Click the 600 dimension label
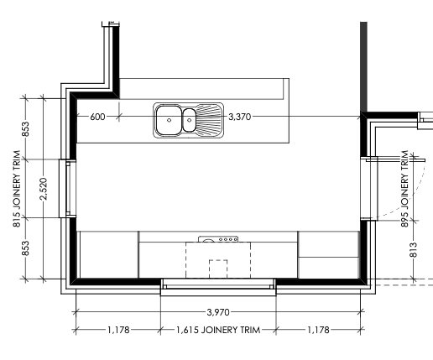pyautogui.click(x=97, y=117)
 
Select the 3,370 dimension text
pyautogui.click(x=240, y=117)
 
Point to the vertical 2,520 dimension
pyautogui.click(x=44, y=189)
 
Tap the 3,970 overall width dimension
pyautogui.click(x=218, y=312)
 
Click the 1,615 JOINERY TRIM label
pyautogui.click(x=218, y=330)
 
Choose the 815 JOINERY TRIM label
pyautogui.click(x=17, y=189)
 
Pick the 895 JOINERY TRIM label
pyautogui.click(x=404, y=189)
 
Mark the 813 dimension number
pyautogui.click(x=413, y=250)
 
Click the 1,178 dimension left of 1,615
pyautogui.click(x=118, y=330)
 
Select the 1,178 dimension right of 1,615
pyautogui.click(x=318, y=330)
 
